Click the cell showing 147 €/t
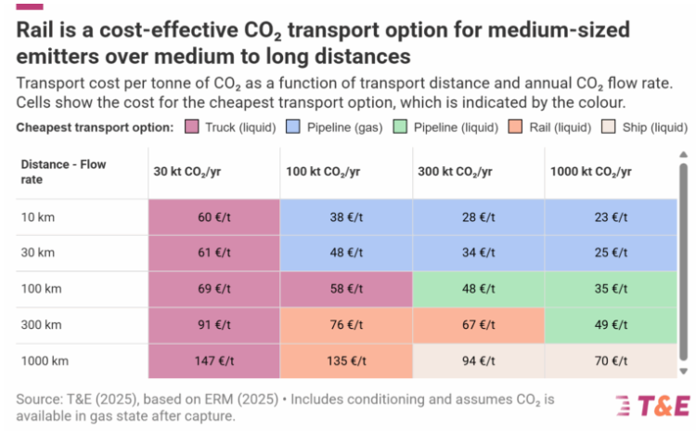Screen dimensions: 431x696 tap(213, 360)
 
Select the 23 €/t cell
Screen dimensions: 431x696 tap(610, 217)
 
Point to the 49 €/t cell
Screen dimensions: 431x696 tap(610, 324)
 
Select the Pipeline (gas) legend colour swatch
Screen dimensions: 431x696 tap(292, 125)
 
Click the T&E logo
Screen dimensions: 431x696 tap(652, 405)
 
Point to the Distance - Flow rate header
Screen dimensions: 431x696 tap(63, 172)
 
